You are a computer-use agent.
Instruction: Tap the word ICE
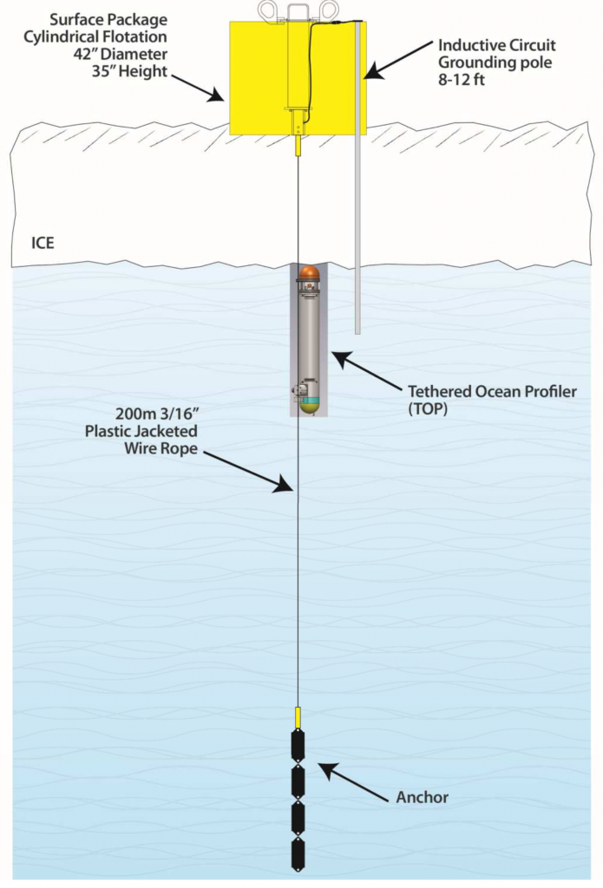point(36,243)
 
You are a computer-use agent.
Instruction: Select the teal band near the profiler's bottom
point(310,401)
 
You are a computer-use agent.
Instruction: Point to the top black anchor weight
point(298,745)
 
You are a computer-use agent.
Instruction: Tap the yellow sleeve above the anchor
point(298,717)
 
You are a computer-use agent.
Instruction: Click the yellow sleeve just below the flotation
point(298,144)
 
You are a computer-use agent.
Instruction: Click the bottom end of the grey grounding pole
point(357,330)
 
